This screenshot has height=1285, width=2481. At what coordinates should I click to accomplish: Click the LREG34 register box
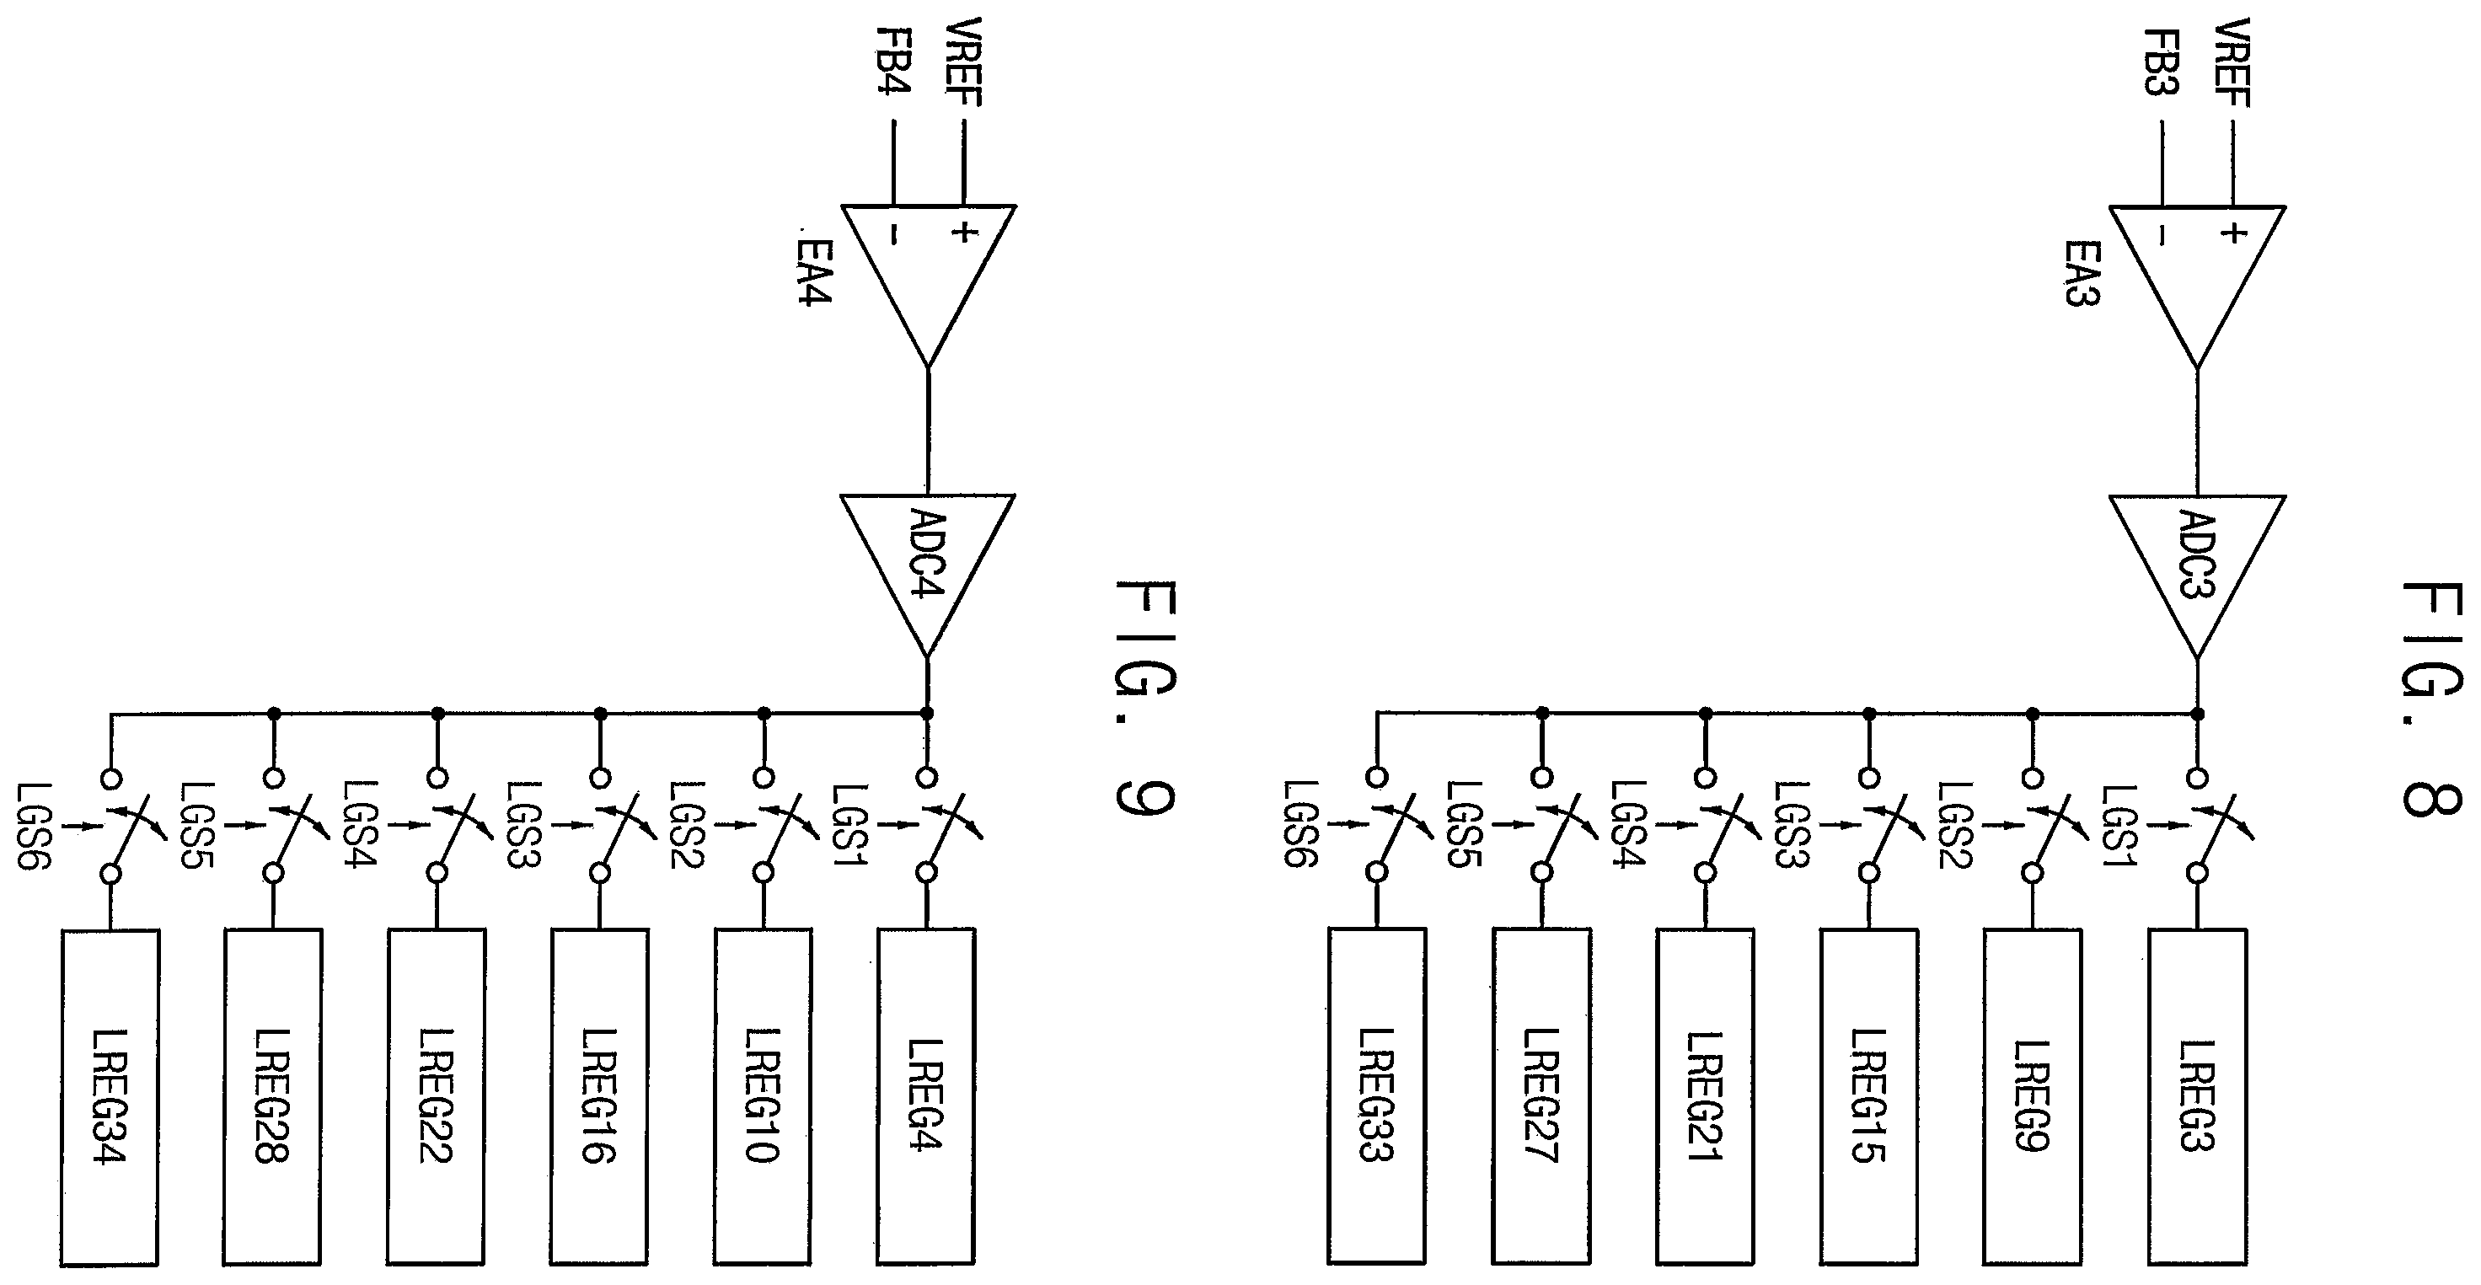coord(109,1097)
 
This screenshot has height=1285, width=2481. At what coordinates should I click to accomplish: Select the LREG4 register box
coord(925,1097)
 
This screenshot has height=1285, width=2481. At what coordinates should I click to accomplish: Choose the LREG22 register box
coord(436,1097)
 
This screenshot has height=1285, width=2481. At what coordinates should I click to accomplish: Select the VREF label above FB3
coord(2231,62)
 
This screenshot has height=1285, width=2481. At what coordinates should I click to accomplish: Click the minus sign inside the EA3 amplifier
coord(2162,234)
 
